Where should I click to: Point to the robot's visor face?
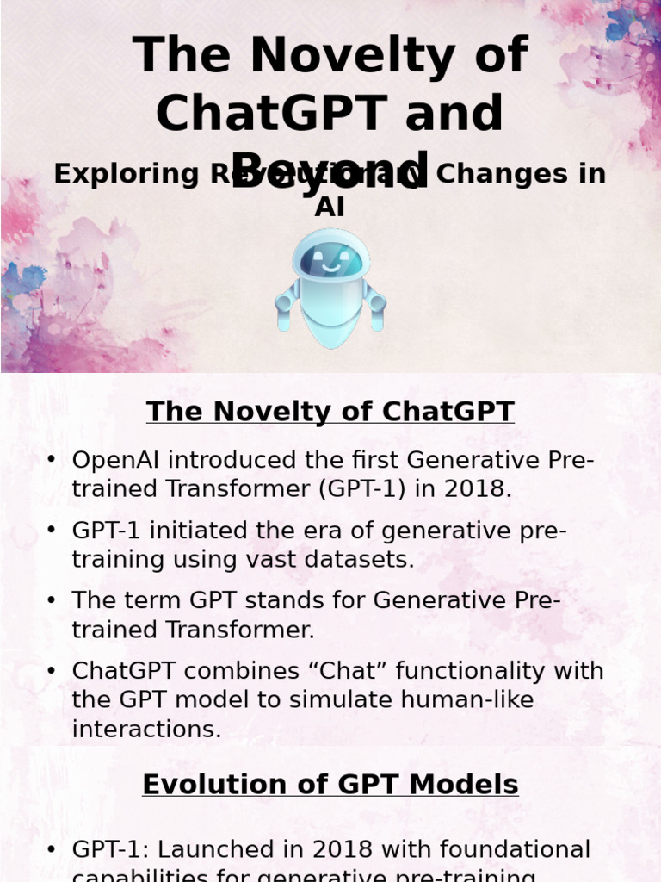click(330, 260)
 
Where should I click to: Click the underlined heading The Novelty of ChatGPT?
click(330, 412)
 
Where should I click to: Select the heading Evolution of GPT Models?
click(330, 785)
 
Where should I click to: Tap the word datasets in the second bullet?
click(367, 560)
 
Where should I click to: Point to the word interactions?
click(146, 730)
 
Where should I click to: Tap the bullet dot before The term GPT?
click(53, 600)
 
